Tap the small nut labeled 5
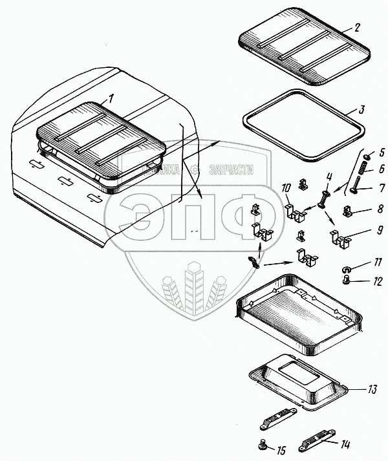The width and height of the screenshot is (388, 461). (x=367, y=158)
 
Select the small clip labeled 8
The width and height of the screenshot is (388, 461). (x=347, y=211)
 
